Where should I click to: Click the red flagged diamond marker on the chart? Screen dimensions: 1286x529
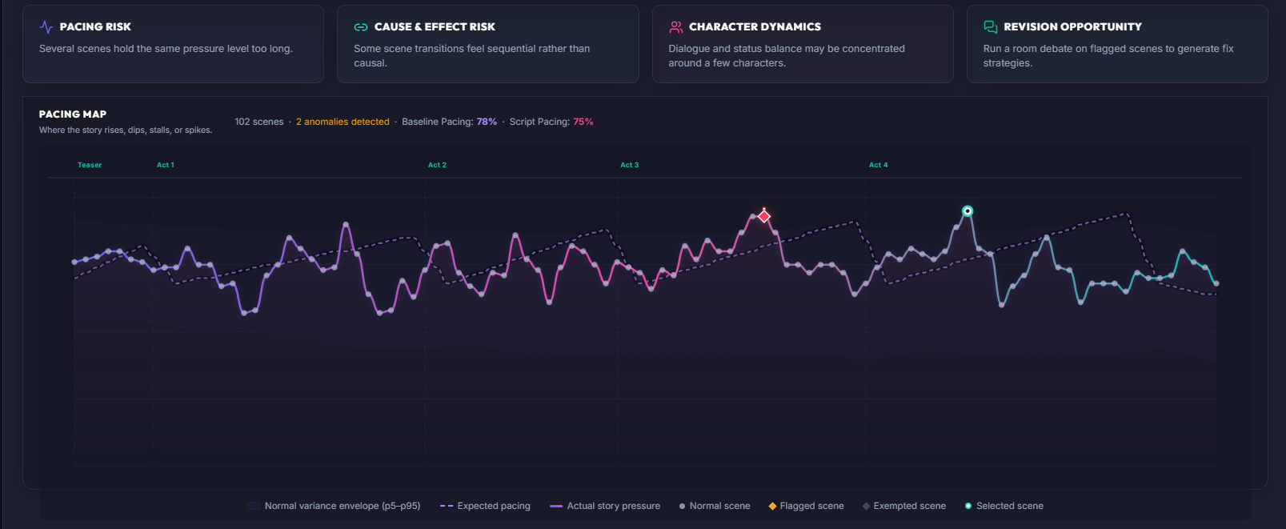point(763,217)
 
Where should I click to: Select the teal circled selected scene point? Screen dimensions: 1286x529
point(968,211)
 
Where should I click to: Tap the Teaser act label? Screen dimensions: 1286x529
point(90,165)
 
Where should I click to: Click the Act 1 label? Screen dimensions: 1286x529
point(166,165)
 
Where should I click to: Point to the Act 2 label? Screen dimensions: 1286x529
point(437,165)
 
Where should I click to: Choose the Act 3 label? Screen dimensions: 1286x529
point(629,165)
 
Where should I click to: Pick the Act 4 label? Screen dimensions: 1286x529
point(878,165)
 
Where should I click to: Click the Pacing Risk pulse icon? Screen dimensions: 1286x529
point(46,27)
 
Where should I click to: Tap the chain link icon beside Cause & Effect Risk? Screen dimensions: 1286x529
point(361,27)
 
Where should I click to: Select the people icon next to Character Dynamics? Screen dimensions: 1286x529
point(675,27)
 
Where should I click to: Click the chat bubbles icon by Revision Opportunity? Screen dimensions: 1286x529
point(991,27)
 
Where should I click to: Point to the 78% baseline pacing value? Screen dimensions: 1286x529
point(487,122)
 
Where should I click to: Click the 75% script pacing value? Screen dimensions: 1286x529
point(583,122)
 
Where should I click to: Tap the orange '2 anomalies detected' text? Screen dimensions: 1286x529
point(343,122)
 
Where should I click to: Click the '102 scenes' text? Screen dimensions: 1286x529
point(259,122)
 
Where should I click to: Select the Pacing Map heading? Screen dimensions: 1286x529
point(73,114)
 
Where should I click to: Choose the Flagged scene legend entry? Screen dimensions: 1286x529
point(806,506)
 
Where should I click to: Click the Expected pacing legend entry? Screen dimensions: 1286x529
point(485,506)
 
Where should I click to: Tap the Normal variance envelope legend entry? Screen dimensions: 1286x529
point(334,506)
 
